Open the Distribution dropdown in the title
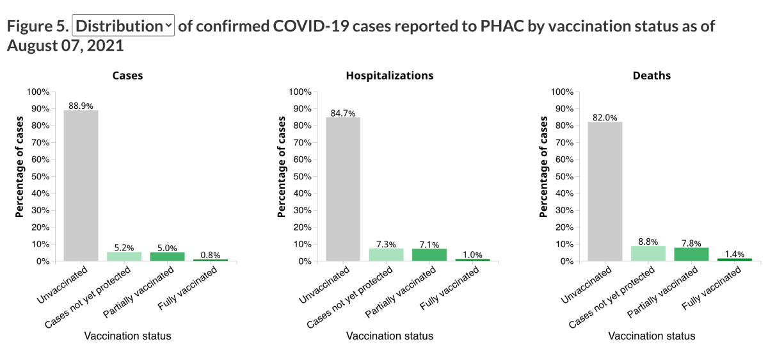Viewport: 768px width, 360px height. coord(124,26)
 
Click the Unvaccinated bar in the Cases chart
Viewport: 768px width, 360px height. coord(81,186)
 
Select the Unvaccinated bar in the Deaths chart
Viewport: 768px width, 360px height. coord(605,192)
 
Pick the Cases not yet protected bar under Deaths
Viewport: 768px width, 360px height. coord(648,254)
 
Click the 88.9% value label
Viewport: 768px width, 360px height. coord(81,106)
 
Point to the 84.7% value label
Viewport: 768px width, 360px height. coord(343,113)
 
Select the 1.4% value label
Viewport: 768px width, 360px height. coord(735,254)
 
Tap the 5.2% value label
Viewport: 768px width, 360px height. coord(125,247)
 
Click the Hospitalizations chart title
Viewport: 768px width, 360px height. coord(389,76)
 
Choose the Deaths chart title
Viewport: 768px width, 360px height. coord(652,76)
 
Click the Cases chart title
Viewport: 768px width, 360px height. coord(127,76)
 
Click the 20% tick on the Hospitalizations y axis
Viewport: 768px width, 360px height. coord(301,227)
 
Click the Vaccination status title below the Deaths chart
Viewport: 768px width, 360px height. coord(652,336)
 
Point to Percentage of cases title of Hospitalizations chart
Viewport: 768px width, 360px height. coord(282,167)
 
